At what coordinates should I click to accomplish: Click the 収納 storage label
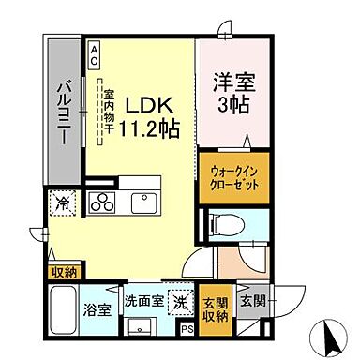point(64,273)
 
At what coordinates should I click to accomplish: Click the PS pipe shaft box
point(187,328)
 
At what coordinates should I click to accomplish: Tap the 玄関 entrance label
point(251,302)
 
